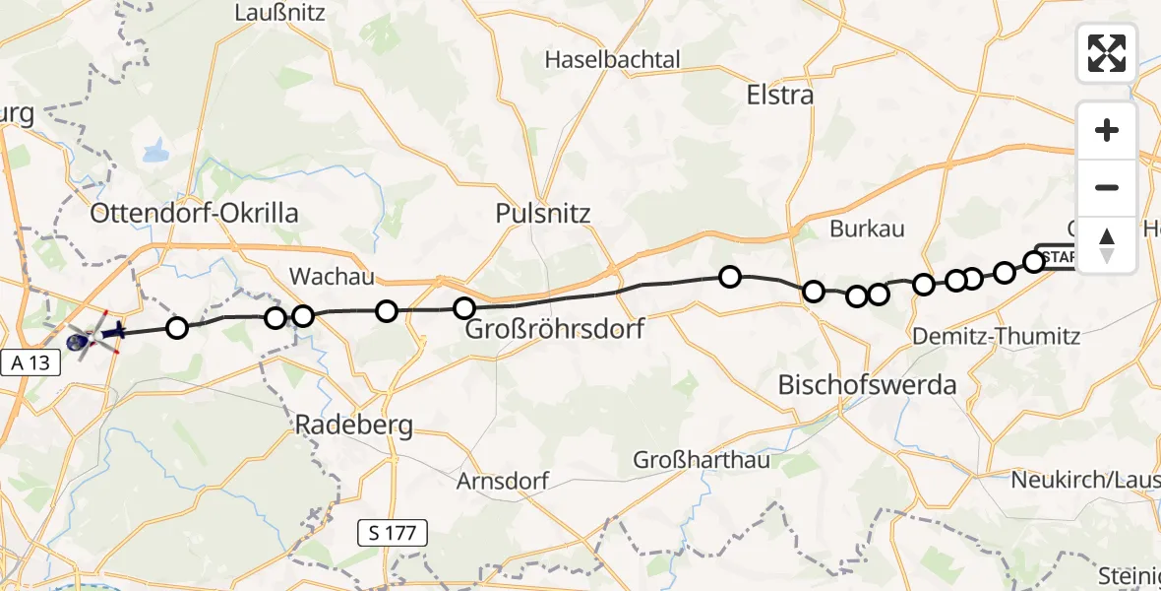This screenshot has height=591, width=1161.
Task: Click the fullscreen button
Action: pyautogui.click(x=1107, y=52)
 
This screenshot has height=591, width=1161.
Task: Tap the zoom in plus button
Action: pyautogui.click(x=1107, y=130)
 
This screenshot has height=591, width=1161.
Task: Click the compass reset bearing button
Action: pyautogui.click(x=1107, y=244)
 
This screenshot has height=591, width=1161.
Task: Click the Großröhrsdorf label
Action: pyautogui.click(x=554, y=328)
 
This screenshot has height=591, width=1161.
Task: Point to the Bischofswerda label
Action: pyautogui.click(x=867, y=385)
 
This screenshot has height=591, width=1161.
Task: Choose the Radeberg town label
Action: pyautogui.click(x=355, y=426)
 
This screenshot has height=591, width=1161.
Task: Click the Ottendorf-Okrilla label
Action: pyautogui.click(x=194, y=214)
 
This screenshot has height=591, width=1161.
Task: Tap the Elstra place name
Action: pyautogui.click(x=780, y=96)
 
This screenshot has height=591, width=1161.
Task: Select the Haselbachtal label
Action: pyautogui.click(x=613, y=59)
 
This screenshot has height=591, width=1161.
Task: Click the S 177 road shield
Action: pyautogui.click(x=393, y=534)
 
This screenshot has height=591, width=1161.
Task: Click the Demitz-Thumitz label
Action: pyautogui.click(x=996, y=337)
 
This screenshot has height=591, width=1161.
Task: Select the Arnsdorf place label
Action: pyautogui.click(x=502, y=482)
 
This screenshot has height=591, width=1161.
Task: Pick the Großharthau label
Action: pyautogui.click(x=701, y=460)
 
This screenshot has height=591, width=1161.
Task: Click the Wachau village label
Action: pyautogui.click(x=331, y=277)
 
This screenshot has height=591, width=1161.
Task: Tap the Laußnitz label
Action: pyautogui.click(x=275, y=14)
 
